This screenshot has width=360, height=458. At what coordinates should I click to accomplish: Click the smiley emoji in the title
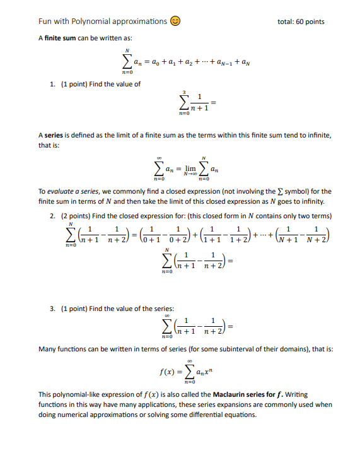click(x=175, y=21)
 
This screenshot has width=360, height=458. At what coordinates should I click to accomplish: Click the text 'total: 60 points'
click(x=301, y=21)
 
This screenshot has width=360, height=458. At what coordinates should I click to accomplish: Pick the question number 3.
click(x=52, y=308)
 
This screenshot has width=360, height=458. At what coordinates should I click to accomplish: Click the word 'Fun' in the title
click(x=45, y=21)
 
